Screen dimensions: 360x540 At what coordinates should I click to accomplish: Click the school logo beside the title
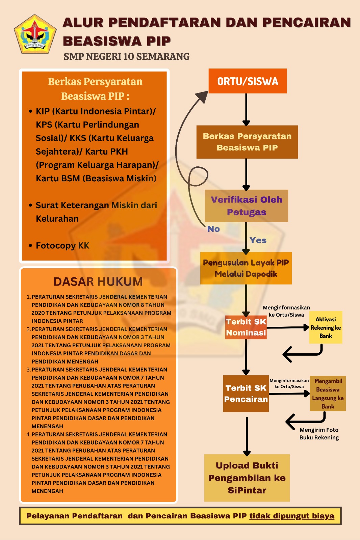click(x=35, y=34)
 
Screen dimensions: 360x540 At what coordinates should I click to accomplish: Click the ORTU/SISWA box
click(x=248, y=81)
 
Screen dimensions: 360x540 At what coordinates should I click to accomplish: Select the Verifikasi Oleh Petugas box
click(x=246, y=206)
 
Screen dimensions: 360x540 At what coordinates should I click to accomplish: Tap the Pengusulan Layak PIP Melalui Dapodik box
click(x=246, y=268)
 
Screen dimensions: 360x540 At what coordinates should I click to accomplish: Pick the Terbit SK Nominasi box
click(x=246, y=327)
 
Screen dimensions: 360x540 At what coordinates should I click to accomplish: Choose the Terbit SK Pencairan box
click(x=246, y=394)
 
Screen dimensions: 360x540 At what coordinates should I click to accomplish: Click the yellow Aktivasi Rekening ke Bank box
click(x=326, y=327)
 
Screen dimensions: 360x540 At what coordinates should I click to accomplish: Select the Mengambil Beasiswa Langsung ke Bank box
click(x=328, y=394)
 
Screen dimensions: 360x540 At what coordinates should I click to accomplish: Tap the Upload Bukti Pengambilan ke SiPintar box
click(x=247, y=478)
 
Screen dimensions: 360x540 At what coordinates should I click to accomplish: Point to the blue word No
click(x=213, y=229)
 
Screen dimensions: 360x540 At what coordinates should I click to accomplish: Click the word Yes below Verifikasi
click(x=258, y=240)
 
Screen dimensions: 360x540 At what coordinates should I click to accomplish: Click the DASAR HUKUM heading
click(x=98, y=281)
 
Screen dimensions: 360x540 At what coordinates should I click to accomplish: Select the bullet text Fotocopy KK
click(x=62, y=245)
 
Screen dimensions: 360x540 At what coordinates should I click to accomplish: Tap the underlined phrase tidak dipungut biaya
click(x=292, y=516)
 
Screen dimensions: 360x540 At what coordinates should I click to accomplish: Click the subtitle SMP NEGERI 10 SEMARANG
click(x=126, y=56)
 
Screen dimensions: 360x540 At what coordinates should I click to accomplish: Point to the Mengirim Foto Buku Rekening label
click(x=319, y=433)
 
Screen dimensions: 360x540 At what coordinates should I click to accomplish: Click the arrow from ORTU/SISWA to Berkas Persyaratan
click(x=246, y=109)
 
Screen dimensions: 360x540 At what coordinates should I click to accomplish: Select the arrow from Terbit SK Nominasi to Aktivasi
click(x=288, y=327)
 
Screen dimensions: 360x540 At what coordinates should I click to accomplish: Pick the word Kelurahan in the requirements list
click(x=57, y=218)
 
